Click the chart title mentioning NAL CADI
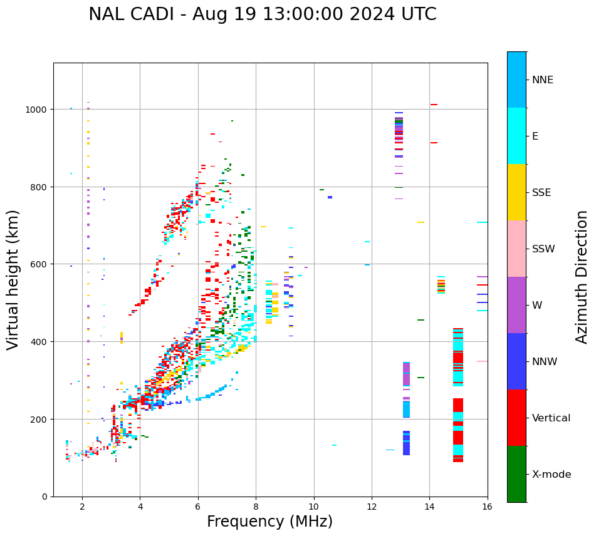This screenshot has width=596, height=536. [262, 14]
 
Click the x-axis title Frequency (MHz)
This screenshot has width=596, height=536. [269, 522]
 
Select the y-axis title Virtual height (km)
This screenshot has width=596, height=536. [13, 279]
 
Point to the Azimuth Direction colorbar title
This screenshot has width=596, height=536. [582, 277]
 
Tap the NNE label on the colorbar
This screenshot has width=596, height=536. [543, 80]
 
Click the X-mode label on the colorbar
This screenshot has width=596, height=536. [552, 475]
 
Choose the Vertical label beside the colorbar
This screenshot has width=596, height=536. [552, 418]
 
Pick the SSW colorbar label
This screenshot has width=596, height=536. [543, 249]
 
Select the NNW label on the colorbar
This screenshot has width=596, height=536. [545, 362]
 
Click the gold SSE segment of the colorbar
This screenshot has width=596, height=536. [516, 192]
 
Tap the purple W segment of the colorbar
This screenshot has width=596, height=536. [516, 305]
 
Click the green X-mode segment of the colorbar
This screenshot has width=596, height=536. [516, 474]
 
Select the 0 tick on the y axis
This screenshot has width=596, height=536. [44, 497]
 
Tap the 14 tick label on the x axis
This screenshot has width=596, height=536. [429, 507]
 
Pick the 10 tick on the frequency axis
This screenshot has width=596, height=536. [313, 507]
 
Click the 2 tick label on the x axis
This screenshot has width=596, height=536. [82, 507]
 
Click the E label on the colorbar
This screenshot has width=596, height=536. [536, 137]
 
